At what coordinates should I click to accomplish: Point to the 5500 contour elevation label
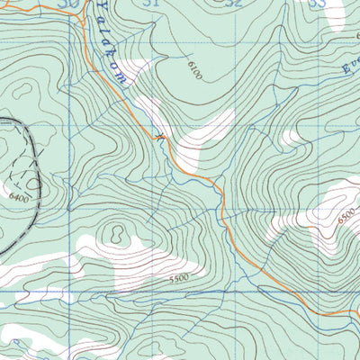point(178,280)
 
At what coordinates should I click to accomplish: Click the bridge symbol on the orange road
point(161,138)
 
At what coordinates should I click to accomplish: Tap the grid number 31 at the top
point(151,4)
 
